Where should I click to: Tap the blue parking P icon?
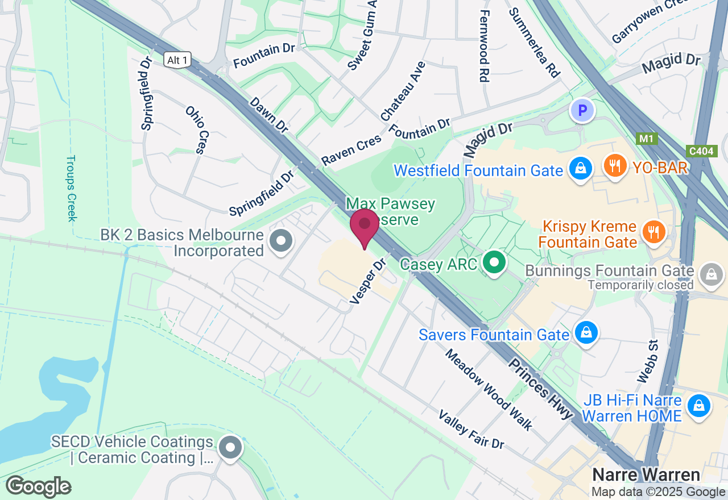pyautogui.click(x=582, y=111)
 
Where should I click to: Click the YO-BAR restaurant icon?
pyautogui.click(x=614, y=166)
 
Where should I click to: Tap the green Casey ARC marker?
pyautogui.click(x=495, y=263)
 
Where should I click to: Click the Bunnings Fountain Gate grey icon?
pyautogui.click(x=711, y=275)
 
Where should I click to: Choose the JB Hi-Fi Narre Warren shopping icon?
pyautogui.click(x=698, y=407)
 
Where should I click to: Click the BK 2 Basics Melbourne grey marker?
pyautogui.click(x=280, y=241)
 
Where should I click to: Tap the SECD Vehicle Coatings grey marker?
pyautogui.click(x=230, y=448)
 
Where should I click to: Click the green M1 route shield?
pyautogui.click(x=646, y=139)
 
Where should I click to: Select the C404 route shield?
pyautogui.click(x=701, y=151)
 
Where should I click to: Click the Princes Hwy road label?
pyautogui.click(x=540, y=389)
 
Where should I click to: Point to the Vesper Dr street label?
pyautogui.click(x=368, y=282)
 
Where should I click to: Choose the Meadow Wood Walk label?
pyautogui.click(x=489, y=389)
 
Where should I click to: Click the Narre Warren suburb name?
pyautogui.click(x=646, y=475)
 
